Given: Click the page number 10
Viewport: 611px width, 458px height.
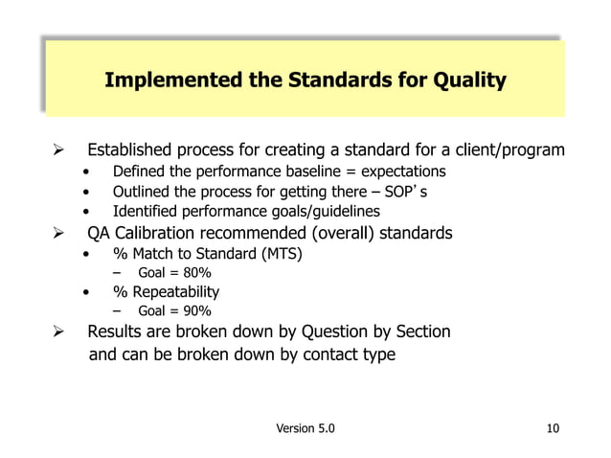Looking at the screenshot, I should click(553, 428).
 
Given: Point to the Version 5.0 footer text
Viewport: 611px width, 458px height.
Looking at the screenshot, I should click(305, 428).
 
